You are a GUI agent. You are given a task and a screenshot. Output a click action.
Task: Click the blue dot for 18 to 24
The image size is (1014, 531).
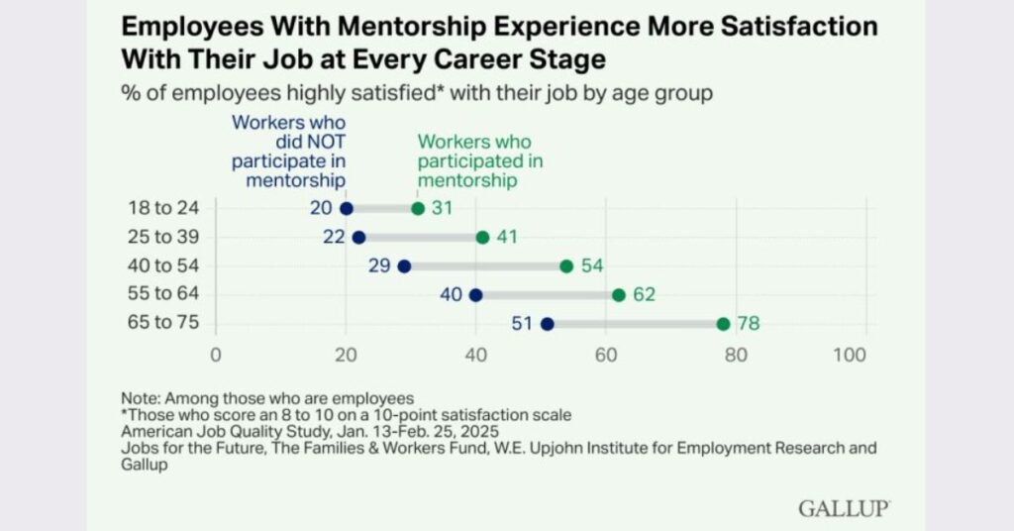point(347,208)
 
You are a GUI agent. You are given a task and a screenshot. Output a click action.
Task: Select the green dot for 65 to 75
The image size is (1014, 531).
point(723,323)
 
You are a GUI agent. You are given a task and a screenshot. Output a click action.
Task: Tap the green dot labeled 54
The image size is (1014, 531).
point(566,265)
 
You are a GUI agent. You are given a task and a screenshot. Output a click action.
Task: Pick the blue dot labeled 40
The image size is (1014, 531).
point(475,294)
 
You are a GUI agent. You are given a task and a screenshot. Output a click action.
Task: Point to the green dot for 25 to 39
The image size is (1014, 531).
point(482,237)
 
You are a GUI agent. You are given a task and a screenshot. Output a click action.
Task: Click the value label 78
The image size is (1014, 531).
point(747,323)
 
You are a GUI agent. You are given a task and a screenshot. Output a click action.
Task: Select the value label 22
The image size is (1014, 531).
point(334,237)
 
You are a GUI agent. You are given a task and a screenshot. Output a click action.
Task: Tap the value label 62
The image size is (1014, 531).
point(644,294)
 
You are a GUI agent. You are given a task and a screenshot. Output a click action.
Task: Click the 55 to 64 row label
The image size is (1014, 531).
point(163,294)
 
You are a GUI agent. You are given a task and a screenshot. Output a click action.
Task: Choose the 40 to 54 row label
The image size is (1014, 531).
point(163,265)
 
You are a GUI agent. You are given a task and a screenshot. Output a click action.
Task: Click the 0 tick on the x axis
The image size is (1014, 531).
point(215,355)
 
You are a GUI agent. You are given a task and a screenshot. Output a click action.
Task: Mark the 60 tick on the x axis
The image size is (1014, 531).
point(606,355)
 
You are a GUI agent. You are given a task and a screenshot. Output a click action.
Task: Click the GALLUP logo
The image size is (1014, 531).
point(844,508)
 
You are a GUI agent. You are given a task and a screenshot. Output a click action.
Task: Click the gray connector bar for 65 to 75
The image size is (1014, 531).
point(635,323)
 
